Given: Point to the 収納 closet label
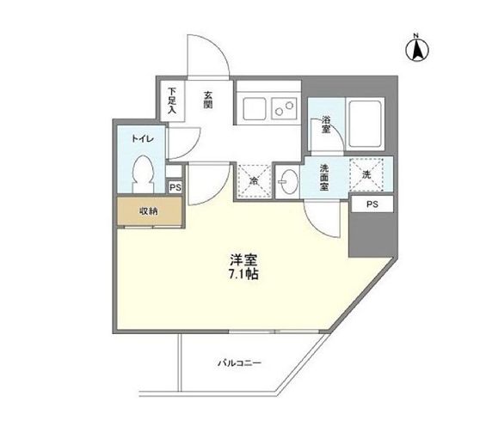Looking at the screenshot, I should pyautogui.click(x=149, y=210).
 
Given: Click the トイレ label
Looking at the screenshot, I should pyautogui.click(x=141, y=137).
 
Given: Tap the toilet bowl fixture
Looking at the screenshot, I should pyautogui.click(x=144, y=173).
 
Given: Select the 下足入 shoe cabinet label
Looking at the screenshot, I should pyautogui.click(x=172, y=100).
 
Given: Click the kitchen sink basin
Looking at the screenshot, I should pyautogui.click(x=255, y=108).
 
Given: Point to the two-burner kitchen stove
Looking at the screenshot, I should pyautogui.click(x=283, y=108).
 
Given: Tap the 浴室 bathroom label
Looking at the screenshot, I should pyautogui.click(x=328, y=125).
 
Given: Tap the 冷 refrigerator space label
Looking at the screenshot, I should pyautogui.click(x=255, y=180).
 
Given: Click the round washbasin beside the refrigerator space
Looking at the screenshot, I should pyautogui.click(x=287, y=180).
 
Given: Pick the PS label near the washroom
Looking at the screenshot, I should pyautogui.click(x=371, y=204).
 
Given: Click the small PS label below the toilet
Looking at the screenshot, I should pyautogui.click(x=175, y=187).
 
